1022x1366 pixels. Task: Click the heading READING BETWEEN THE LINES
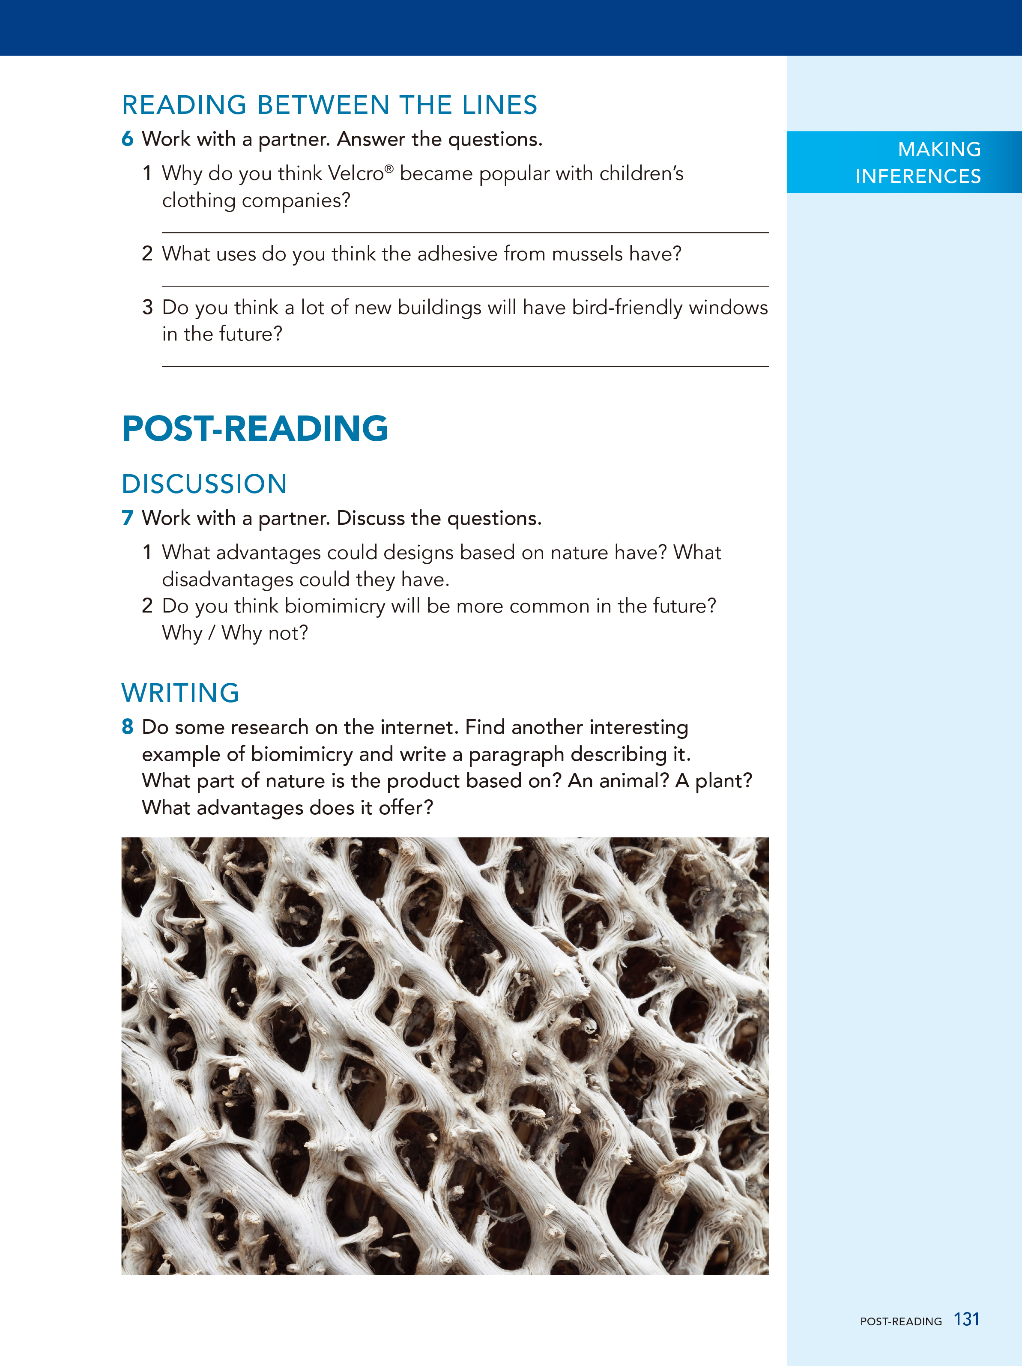[329, 105]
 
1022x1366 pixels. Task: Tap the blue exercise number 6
[127, 139]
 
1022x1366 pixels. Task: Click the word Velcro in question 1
[356, 173]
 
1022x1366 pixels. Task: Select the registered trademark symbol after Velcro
[389, 168]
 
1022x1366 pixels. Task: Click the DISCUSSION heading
[204, 484]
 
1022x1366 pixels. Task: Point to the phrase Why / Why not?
[235, 633]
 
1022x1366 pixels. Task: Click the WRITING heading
[180, 693]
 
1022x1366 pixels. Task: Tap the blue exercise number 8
[127, 727]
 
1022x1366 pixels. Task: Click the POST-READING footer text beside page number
[900, 1321]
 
